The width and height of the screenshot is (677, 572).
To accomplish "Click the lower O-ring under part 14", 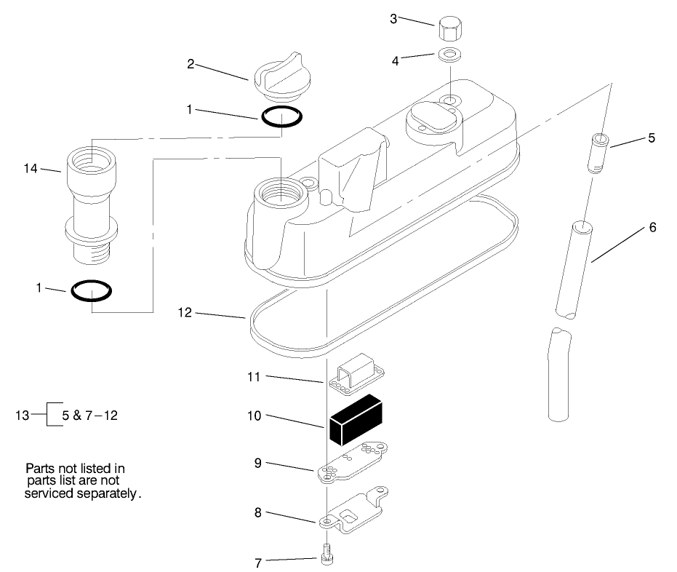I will point(92,291).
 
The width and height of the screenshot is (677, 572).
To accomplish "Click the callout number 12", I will point(185,313).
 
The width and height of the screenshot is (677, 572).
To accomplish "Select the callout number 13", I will point(22,416).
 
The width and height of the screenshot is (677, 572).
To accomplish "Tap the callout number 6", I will point(652,228).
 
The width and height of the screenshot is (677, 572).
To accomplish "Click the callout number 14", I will point(30,169).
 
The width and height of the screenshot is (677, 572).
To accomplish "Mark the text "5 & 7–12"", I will point(90,416).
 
